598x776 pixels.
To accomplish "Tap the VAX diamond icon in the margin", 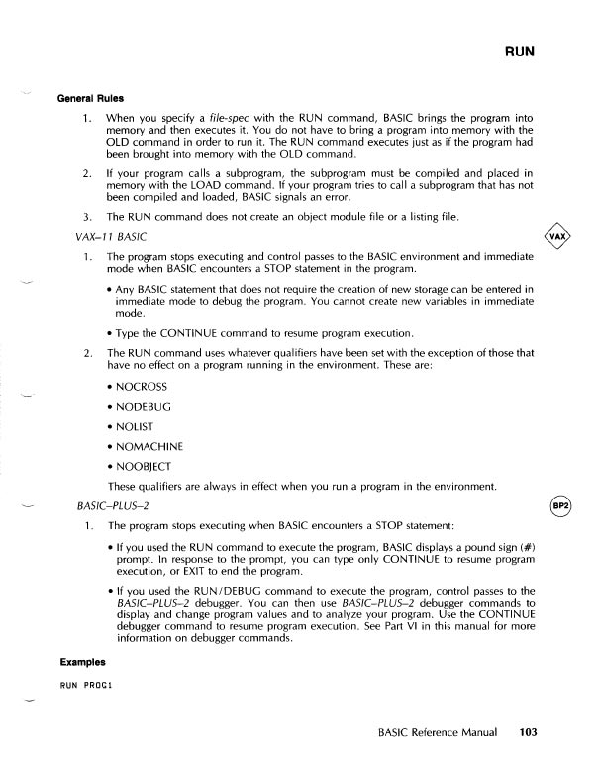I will point(559,238).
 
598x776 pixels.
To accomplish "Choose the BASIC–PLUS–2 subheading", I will point(113,506).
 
